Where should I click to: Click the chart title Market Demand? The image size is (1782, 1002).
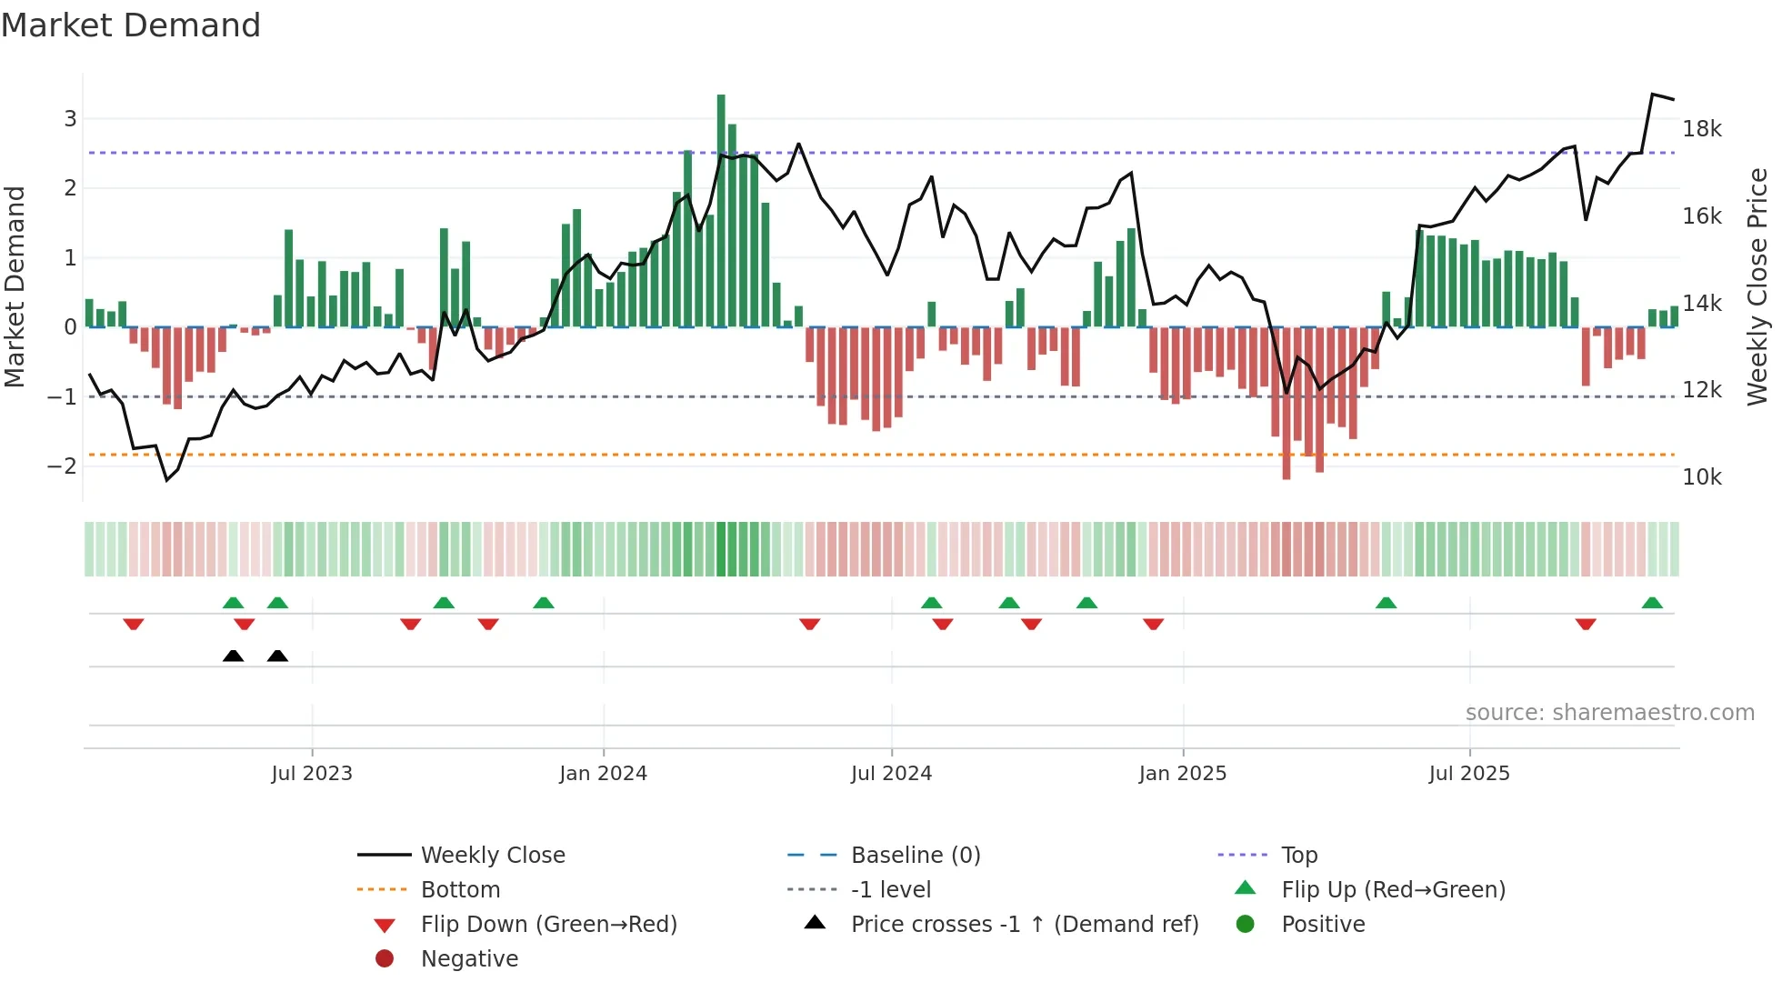click(x=131, y=25)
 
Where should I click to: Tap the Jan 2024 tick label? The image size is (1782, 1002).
click(x=603, y=774)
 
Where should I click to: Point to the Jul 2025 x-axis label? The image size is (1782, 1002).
click(x=1468, y=774)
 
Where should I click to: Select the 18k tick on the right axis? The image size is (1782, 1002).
click(x=1701, y=129)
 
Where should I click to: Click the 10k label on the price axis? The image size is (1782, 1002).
click(x=1701, y=477)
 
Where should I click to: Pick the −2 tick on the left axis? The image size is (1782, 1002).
click(x=62, y=466)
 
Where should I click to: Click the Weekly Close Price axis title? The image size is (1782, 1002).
click(x=1757, y=286)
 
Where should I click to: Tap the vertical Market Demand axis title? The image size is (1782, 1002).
click(x=15, y=286)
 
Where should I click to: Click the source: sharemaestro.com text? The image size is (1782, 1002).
click(x=1609, y=713)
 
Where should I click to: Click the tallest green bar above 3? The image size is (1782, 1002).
click(x=721, y=209)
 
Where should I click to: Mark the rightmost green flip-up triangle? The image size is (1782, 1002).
click(x=1652, y=603)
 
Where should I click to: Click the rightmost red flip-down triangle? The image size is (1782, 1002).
click(x=1586, y=624)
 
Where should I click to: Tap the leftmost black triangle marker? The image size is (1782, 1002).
click(x=234, y=656)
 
